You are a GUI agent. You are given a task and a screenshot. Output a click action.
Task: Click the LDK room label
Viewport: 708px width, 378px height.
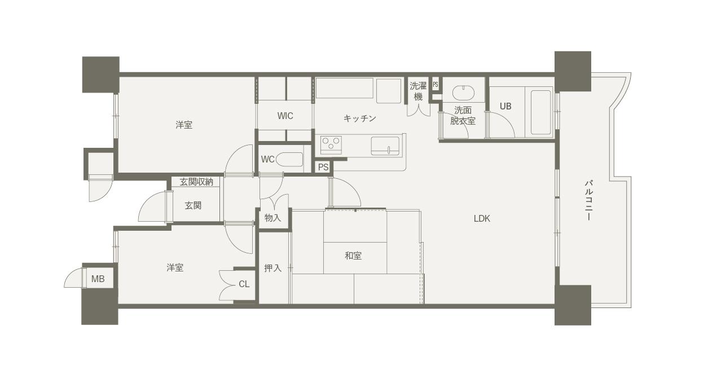coord(482,218)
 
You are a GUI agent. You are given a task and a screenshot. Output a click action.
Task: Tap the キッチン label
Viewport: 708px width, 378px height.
coord(360,118)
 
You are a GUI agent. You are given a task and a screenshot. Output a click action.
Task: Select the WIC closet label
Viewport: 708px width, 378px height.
coord(285,116)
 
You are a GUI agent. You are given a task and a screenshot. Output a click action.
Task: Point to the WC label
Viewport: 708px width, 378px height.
coord(267,159)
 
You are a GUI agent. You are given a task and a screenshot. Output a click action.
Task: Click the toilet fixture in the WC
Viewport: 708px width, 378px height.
coord(289,160)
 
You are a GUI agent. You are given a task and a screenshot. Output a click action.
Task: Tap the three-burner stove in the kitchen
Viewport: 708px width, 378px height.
coord(331,144)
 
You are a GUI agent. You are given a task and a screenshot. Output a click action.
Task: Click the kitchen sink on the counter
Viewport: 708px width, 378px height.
coord(385,146)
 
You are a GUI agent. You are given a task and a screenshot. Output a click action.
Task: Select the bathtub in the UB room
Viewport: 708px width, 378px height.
coord(541,112)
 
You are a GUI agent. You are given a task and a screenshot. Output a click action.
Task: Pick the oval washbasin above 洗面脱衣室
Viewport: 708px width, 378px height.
coord(463,93)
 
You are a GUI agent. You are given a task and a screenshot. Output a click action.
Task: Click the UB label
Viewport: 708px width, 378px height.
coord(505,106)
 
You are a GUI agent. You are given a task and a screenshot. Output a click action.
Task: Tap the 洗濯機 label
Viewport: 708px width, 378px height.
coord(418,91)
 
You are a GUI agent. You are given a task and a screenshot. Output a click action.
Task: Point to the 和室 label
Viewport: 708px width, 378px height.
coord(353,256)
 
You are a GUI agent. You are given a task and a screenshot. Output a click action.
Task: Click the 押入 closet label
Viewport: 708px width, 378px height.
coord(272,268)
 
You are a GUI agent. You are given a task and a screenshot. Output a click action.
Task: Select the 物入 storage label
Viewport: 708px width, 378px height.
coord(272,218)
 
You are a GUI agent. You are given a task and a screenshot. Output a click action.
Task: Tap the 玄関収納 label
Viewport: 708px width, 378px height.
coord(196,182)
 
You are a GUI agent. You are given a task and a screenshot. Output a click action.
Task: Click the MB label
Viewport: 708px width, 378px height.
coord(98,279)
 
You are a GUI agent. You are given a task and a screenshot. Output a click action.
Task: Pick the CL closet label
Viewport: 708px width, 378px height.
coord(244,284)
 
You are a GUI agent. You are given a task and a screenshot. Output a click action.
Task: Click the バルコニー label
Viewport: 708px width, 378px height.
coord(588,200)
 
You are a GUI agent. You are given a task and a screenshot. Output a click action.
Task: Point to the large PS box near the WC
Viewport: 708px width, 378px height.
coord(323,167)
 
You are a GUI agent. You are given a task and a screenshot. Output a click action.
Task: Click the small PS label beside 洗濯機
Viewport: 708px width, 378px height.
coord(436,85)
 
